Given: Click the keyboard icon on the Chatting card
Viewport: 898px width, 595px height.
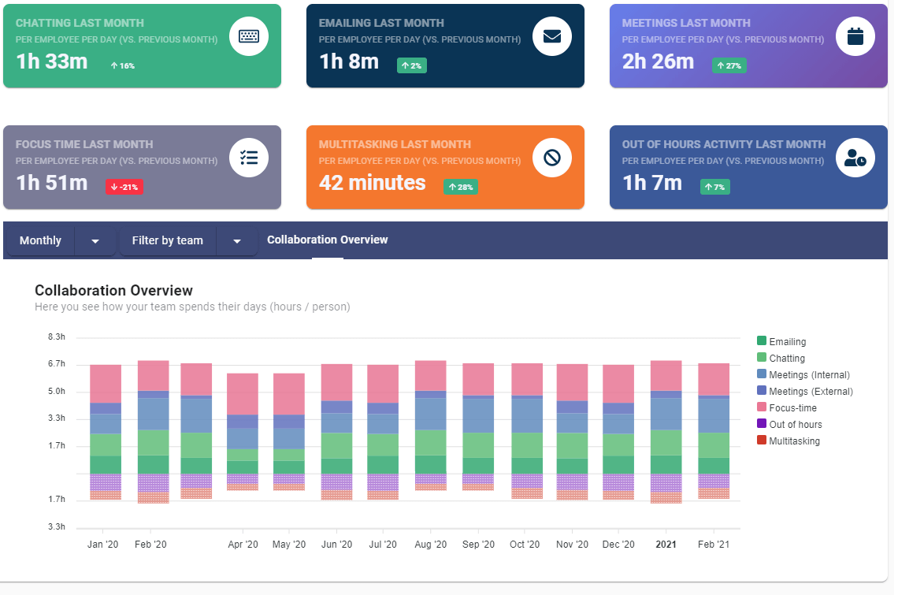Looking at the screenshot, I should (x=249, y=36).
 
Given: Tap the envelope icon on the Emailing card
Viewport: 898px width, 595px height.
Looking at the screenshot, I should (x=551, y=36).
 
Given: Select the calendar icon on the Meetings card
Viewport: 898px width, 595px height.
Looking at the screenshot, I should (x=855, y=36).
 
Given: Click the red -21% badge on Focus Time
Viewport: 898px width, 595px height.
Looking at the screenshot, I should (x=124, y=188).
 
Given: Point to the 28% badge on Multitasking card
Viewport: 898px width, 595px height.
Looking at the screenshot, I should (x=461, y=188).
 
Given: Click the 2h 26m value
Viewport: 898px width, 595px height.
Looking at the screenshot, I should (x=658, y=61).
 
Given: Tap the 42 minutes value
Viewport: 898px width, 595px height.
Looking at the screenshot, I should (x=372, y=183).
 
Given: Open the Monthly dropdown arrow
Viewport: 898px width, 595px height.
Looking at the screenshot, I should (x=95, y=241).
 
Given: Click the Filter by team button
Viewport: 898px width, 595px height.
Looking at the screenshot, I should (x=167, y=240).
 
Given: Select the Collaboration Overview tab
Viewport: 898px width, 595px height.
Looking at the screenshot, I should (x=327, y=240).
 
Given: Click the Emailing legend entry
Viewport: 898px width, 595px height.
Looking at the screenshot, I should (x=787, y=341).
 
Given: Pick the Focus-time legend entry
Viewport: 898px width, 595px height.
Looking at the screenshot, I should (x=792, y=407).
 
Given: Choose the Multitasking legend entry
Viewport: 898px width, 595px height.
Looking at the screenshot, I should (x=794, y=441).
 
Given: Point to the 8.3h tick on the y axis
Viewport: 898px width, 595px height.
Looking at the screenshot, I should (x=57, y=337).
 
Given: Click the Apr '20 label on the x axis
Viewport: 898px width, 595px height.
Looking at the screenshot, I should (x=243, y=545).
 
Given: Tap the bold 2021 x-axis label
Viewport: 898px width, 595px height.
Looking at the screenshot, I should (x=666, y=545).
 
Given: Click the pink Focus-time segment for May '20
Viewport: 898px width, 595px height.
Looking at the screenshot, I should (x=289, y=393).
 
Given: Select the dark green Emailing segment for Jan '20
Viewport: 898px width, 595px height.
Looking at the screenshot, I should (x=106, y=464).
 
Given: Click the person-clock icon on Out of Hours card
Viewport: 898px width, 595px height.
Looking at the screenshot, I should (x=855, y=158).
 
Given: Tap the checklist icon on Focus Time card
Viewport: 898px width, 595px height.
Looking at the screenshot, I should (x=249, y=158).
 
